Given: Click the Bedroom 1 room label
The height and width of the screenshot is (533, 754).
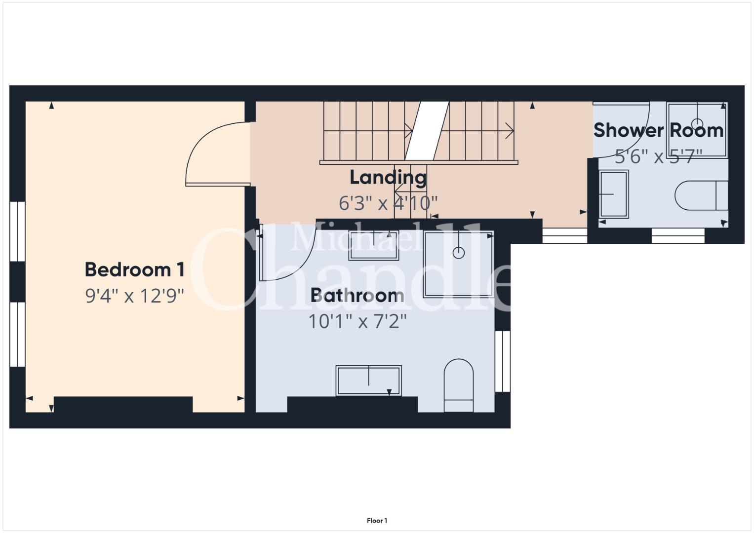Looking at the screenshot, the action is click(135, 269).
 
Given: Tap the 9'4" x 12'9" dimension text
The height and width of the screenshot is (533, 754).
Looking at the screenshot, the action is click(135, 296).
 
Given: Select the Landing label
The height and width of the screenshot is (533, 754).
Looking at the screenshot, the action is click(388, 177).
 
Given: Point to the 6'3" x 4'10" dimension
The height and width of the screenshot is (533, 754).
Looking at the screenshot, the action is click(388, 203).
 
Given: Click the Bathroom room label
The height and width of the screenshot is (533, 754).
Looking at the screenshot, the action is click(357, 296).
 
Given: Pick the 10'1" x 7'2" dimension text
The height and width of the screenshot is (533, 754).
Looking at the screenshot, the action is click(357, 321).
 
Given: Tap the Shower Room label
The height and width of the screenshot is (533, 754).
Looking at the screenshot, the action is click(658, 130).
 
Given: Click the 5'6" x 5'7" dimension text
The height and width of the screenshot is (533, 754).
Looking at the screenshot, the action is click(658, 156).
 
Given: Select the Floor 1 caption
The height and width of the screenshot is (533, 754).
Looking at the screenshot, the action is click(377, 521).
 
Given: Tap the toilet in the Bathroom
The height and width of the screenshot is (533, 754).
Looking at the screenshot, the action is click(459, 385).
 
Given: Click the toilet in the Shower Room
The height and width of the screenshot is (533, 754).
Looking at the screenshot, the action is click(702, 195).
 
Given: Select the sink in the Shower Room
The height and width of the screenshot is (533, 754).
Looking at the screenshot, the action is click(614, 194).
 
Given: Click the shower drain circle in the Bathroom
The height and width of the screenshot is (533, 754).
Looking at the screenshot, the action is click(459, 252).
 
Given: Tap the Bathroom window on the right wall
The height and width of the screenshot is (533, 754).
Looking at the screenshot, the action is click(503, 361).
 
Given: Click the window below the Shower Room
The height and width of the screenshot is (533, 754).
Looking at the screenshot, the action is click(678, 235).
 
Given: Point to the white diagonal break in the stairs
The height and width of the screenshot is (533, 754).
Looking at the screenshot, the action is click(427, 131).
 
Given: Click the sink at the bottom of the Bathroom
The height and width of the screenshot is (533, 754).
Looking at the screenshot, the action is click(368, 381).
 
